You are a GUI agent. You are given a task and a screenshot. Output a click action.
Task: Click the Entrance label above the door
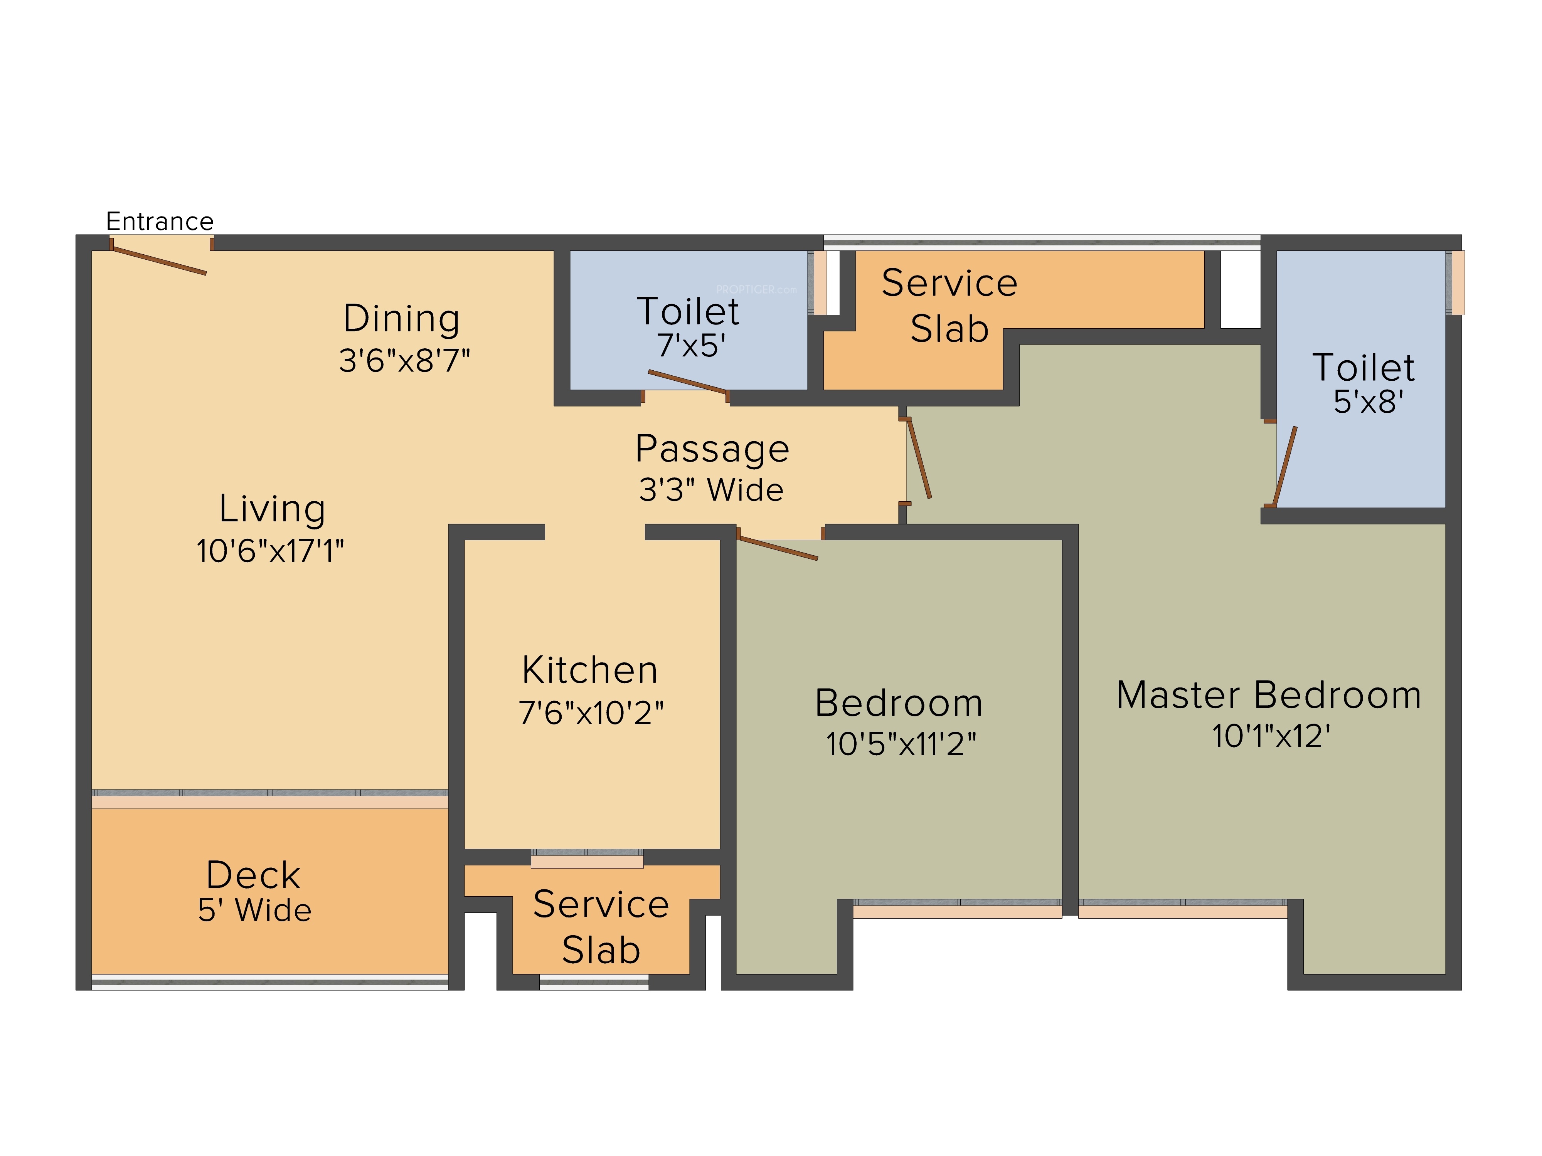pyautogui.click(x=160, y=222)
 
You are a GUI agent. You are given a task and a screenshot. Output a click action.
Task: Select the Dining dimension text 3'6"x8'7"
pyautogui.click(x=404, y=361)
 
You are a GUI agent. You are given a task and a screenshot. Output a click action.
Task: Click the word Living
pyautogui.click(x=272, y=509)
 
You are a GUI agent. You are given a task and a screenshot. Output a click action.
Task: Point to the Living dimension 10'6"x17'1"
pyautogui.click(x=271, y=551)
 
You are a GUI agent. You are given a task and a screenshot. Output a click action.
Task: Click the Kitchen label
pyautogui.click(x=590, y=670)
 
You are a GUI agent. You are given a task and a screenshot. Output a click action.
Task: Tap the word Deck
pyautogui.click(x=253, y=875)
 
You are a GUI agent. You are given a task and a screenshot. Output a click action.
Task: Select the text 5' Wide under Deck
pyautogui.click(x=254, y=911)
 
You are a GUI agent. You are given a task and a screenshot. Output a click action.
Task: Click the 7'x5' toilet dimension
pyautogui.click(x=691, y=346)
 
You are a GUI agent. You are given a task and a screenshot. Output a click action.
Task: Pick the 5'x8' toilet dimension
pyautogui.click(x=1369, y=402)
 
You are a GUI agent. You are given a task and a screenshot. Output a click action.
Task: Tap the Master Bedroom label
pyautogui.click(x=1269, y=696)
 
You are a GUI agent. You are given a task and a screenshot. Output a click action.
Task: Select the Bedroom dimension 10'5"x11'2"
pyautogui.click(x=901, y=744)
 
